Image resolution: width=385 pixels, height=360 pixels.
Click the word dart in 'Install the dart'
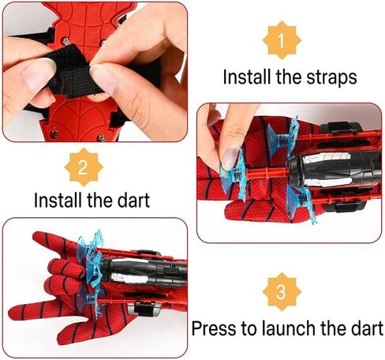pos(151,199)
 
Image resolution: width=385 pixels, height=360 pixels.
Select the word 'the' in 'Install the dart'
pos(110,199)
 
